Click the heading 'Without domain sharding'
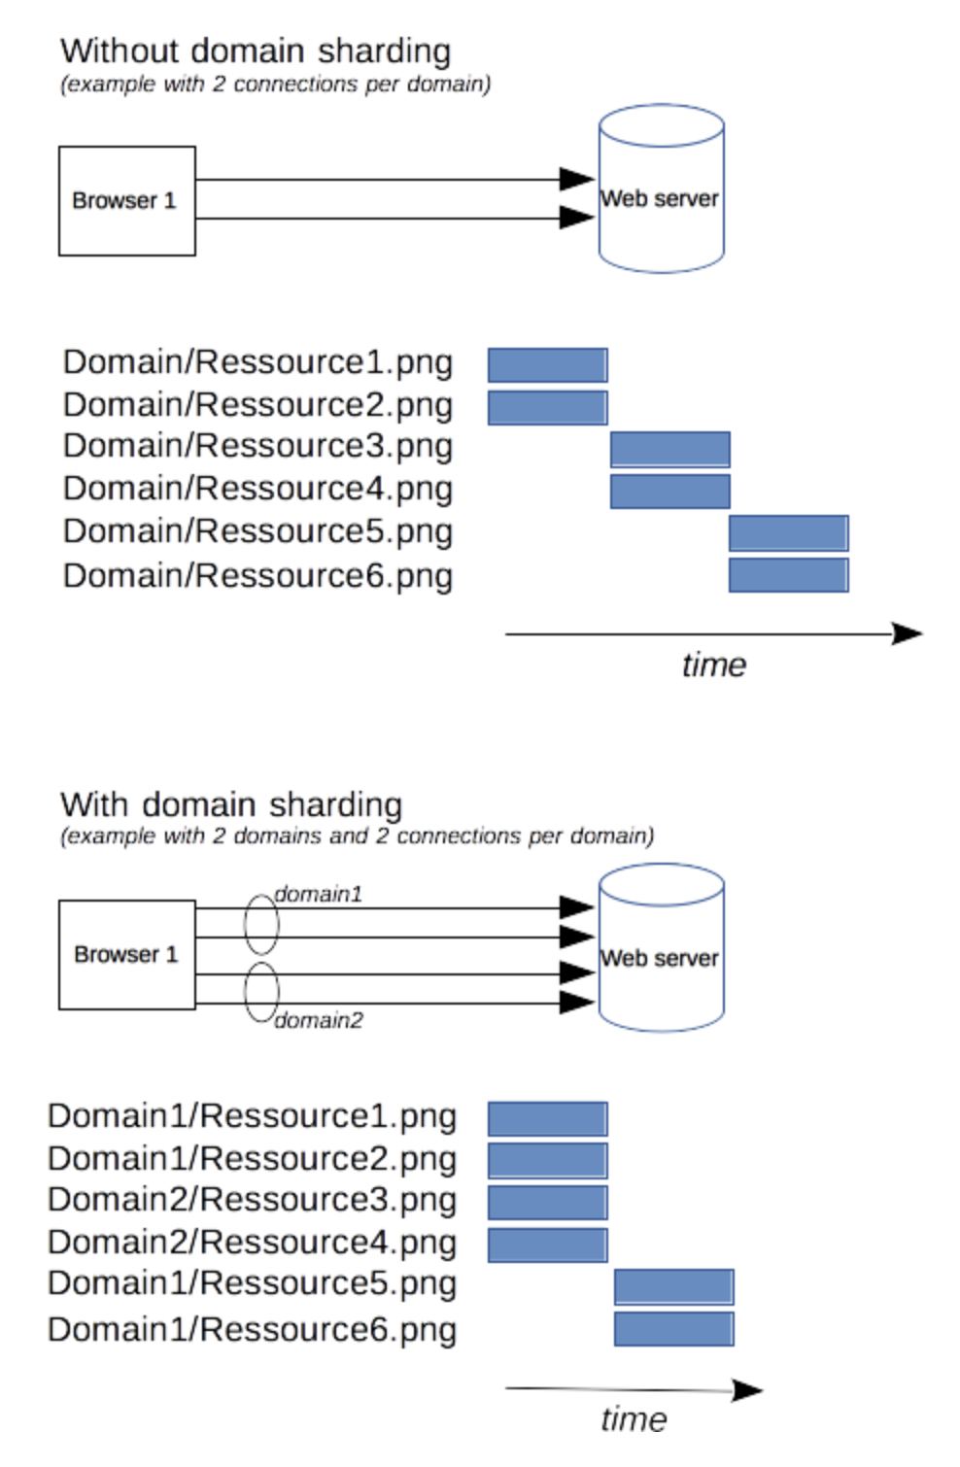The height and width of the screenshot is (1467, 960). pos(256,52)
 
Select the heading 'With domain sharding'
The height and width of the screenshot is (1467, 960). pos(231,805)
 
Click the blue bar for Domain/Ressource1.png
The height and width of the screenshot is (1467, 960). pos(547,365)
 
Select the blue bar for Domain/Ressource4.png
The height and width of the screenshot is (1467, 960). pos(669,492)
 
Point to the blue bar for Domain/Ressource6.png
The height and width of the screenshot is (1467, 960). pos(788,576)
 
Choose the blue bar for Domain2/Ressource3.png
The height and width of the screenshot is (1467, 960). pos(547,1203)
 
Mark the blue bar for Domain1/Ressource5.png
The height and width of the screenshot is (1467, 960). pos(673,1287)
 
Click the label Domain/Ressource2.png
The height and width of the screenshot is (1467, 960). pos(258,406)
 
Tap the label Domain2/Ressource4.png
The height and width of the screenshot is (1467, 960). pos(252,1243)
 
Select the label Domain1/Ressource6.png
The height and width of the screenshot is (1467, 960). pos(252,1330)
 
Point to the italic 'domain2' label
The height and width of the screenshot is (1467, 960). pos(319,1020)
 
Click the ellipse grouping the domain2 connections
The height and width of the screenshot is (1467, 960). pos(245,992)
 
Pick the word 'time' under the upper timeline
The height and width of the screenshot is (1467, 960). pos(714,665)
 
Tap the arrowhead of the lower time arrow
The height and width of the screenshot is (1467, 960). pos(762,1390)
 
